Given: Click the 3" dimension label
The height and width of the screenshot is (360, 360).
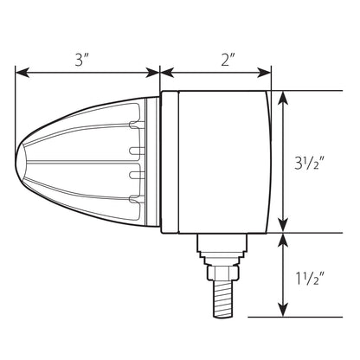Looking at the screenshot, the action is pos(81,60).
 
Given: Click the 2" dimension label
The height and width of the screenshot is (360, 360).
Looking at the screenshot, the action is pos(227,60).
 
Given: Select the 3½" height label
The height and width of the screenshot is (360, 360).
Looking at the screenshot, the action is pos(310,164).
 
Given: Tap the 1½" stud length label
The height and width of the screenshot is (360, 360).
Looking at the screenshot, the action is pos(310,279).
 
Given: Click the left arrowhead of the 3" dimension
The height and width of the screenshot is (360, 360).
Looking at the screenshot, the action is pos(22,73).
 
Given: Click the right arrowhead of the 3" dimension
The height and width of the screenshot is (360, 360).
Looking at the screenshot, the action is pos(152,73).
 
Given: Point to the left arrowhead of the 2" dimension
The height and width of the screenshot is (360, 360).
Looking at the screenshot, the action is pos(167,73).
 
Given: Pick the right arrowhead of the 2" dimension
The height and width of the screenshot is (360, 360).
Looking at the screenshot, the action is pos(264,73).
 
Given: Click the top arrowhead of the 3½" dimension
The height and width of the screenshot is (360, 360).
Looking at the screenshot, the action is pos(284,99).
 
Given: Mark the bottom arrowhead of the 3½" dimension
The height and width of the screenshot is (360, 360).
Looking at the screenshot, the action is pos(284,225).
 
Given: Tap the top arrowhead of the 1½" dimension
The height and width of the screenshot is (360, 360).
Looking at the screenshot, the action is pos(284,241).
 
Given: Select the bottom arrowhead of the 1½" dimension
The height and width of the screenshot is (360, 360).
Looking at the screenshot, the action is pos(284,310).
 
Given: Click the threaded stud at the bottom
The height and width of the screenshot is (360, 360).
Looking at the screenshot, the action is pos(223,299).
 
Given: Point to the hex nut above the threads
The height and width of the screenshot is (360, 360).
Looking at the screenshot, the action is pos(223,273).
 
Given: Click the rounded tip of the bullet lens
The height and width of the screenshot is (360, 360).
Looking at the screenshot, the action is pos(21,161).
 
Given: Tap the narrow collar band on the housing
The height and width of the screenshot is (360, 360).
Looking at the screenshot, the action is pos(170,162).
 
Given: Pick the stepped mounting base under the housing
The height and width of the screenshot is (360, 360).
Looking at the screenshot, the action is pos(222,249).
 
